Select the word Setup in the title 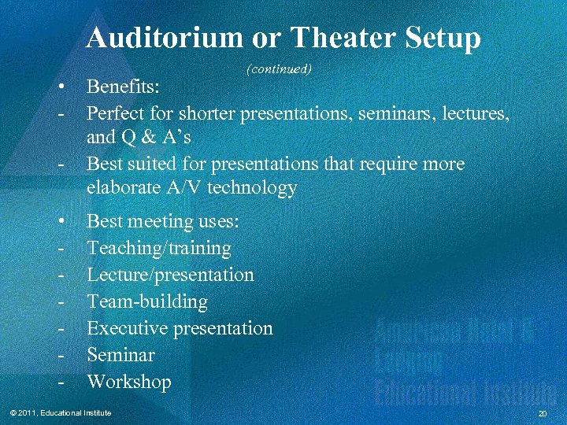444,37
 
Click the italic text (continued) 280,69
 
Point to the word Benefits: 124,85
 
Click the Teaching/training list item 159,249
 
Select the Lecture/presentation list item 170,275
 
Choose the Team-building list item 147,302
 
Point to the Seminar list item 120,355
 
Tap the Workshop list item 128,382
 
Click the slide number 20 542,414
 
